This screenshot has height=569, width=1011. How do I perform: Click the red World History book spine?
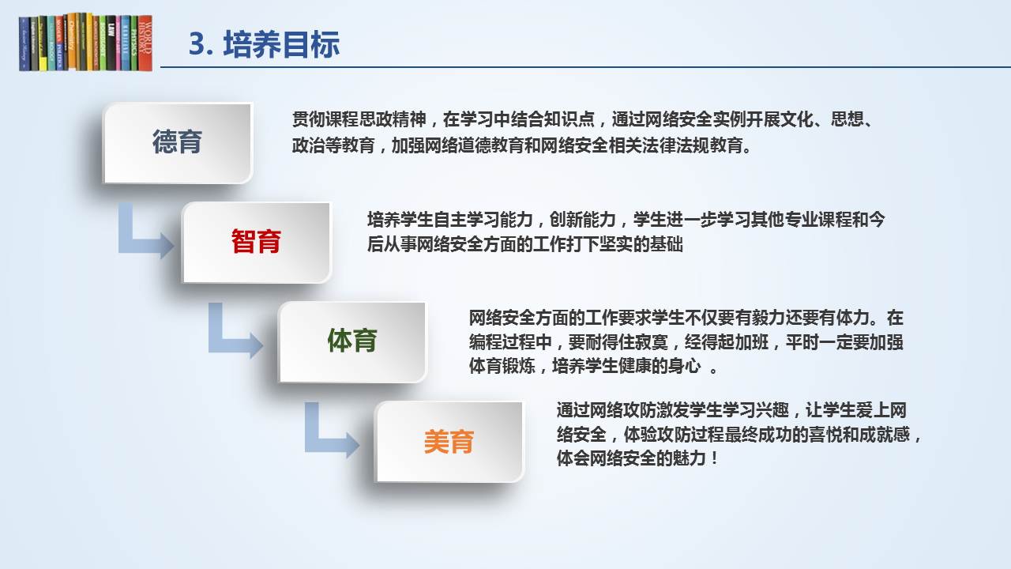145,43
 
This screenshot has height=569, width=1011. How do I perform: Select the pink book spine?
118,43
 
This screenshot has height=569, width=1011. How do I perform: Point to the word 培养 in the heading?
252,45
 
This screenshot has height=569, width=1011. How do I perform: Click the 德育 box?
178,143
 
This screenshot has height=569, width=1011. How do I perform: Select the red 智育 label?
256,241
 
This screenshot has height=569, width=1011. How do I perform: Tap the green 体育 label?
352,340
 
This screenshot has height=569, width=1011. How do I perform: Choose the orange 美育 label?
449,441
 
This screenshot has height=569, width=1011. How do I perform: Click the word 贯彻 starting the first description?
308,119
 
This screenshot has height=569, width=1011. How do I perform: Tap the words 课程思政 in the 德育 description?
359,119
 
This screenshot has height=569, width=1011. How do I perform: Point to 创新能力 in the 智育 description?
583,220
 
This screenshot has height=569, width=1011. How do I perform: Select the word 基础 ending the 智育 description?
666,244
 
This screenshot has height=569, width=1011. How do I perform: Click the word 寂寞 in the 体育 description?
652,342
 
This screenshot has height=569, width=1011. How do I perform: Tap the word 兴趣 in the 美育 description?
772,410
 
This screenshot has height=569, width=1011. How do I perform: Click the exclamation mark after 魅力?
714,458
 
